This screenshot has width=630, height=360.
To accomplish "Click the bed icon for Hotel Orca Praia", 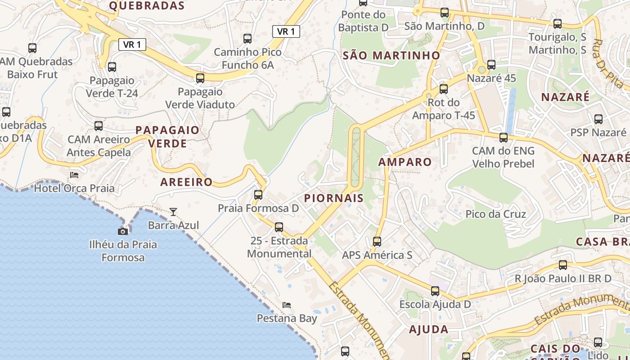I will [74, 175].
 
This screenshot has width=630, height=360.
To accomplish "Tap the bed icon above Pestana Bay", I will [287, 305].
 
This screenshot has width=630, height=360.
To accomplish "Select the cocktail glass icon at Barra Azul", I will [173, 211].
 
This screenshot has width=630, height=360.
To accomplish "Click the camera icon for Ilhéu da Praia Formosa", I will [122, 231].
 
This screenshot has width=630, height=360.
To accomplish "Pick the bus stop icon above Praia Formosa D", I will [258, 195].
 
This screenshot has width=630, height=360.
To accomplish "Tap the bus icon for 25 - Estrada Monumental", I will [279, 227].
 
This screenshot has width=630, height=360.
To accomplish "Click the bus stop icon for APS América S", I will [377, 242].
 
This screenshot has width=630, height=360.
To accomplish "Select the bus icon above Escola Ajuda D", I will [435, 291].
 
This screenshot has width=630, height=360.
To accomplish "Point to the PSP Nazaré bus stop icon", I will [598, 119].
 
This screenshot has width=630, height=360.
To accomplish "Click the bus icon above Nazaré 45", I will [491, 65].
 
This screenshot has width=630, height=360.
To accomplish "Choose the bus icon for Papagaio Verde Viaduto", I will [200, 78].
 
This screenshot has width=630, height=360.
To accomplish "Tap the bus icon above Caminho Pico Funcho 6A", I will [247, 39].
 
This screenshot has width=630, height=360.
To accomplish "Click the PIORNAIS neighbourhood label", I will [334, 198].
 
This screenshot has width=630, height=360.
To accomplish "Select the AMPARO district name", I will [405, 162].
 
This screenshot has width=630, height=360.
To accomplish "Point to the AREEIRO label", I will [186, 182].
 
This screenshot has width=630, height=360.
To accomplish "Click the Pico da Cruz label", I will [495, 214].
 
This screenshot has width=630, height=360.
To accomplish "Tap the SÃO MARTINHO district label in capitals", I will [391, 55].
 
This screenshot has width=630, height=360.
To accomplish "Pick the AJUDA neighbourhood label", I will [428, 329].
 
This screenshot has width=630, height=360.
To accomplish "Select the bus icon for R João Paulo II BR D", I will [563, 265].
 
